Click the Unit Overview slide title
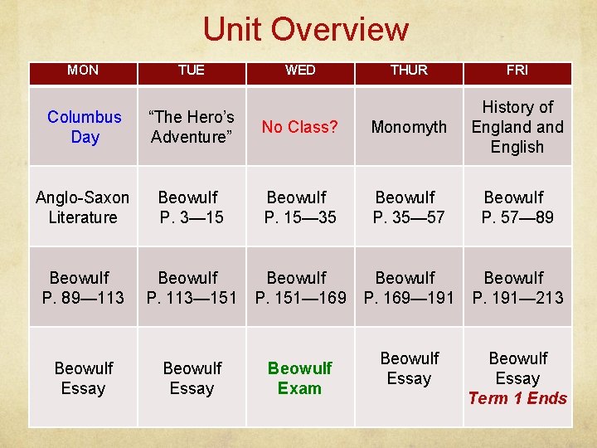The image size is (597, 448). [x=305, y=30]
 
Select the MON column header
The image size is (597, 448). [x=83, y=71]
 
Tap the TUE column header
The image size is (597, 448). [x=192, y=71]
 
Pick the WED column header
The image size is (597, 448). [x=300, y=71]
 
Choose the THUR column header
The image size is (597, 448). [x=409, y=71]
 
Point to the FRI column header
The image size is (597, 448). [x=517, y=71]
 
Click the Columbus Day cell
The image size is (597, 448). [x=84, y=127]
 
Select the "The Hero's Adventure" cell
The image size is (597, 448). [x=192, y=127]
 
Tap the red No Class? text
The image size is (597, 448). [x=300, y=127]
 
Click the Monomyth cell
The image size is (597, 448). [x=409, y=127]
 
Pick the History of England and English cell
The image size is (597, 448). [x=517, y=127]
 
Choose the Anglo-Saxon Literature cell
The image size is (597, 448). [x=83, y=207]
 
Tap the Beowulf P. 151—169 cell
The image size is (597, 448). [x=300, y=288]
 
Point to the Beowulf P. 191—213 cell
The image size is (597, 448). [x=517, y=288]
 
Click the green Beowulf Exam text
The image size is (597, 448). [x=300, y=378]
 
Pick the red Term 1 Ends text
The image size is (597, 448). [x=517, y=398]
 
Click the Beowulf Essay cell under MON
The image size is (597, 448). [x=83, y=378]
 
